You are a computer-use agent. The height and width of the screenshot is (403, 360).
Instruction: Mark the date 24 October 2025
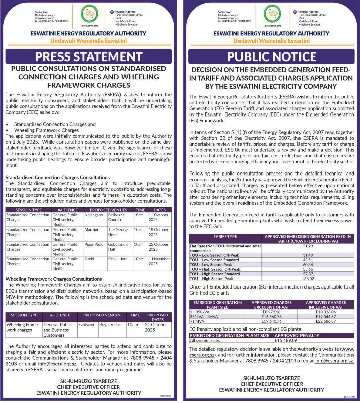[157, 328]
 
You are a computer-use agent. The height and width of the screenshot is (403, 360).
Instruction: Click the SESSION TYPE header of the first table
[29, 209]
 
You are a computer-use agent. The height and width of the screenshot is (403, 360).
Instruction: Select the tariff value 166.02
[308, 278]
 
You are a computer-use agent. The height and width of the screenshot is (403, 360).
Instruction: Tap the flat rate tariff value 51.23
[308, 246]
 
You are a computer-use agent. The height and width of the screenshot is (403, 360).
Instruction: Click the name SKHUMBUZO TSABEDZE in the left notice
[88, 381]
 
